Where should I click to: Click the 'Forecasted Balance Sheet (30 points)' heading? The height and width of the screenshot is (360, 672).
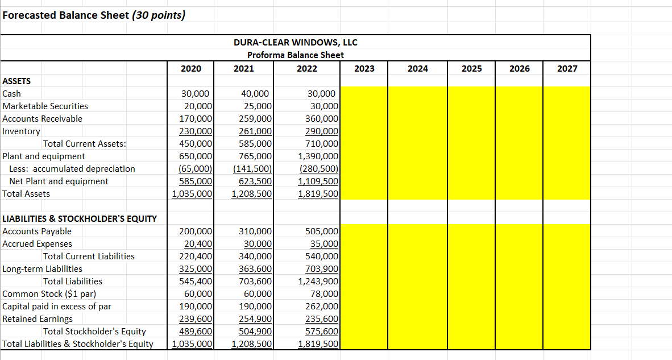tap(93, 15)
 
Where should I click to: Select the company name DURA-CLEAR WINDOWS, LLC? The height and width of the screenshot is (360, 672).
tap(296, 43)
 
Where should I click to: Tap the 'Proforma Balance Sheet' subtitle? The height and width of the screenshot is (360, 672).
tap(296, 55)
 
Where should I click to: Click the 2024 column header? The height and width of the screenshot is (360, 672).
tap(418, 68)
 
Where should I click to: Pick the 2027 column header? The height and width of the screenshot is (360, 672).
tap(567, 68)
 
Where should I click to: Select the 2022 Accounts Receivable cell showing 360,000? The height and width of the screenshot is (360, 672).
tap(322, 119)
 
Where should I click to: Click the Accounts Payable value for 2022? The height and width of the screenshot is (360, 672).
tap(322, 231)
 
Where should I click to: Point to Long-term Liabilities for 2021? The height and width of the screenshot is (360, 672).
tap(255, 269)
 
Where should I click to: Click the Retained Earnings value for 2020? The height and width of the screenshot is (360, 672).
tap(196, 319)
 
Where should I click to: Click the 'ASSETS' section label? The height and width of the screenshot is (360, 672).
tap(17, 81)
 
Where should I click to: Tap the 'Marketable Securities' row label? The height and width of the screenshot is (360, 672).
tap(45, 106)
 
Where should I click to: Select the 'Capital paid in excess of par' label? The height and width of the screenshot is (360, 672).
tap(57, 307)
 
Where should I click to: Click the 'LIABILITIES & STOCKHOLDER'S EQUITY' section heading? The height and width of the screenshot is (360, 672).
tap(80, 219)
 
